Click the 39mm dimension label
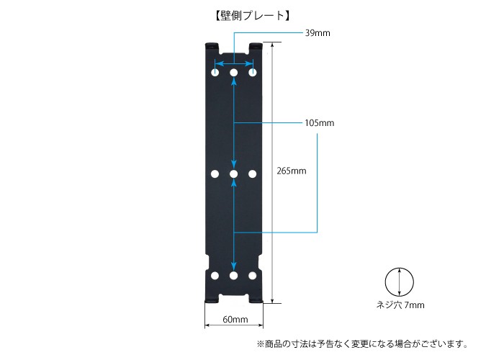(x=318, y=33)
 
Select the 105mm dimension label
(x=320, y=123)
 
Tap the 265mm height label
(x=292, y=171)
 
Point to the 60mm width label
(x=235, y=320)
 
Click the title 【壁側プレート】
(x=252, y=15)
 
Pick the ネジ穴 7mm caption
(x=400, y=305)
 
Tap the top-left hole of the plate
(x=215, y=72)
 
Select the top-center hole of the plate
(x=234, y=72)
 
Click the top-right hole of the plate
(x=253, y=72)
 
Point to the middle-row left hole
(x=215, y=174)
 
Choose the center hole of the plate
(x=234, y=174)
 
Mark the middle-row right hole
(x=253, y=174)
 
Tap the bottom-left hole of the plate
(x=215, y=276)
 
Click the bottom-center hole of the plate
(x=234, y=276)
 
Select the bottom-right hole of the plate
(x=253, y=276)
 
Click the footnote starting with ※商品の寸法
(x=362, y=344)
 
